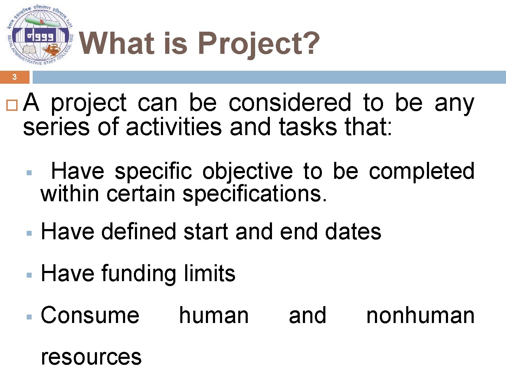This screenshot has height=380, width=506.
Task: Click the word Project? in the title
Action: point(259,44)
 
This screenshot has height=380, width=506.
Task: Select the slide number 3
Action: point(14,77)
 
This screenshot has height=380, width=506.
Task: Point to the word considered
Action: point(290,103)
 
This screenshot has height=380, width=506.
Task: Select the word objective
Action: point(247,172)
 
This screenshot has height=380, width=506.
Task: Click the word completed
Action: point(422,172)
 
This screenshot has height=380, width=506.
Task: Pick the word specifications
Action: point(255,194)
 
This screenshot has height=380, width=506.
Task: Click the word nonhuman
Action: point(420,315)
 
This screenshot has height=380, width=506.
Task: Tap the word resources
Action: point(91,357)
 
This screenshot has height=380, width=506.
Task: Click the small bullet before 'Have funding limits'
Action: point(30,275)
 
